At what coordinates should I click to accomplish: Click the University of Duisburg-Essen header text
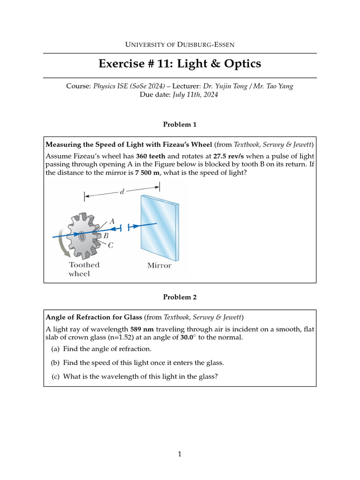180,45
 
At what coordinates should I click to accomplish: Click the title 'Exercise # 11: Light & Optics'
180,64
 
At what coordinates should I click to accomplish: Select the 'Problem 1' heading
180,124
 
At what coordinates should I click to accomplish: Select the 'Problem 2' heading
180,297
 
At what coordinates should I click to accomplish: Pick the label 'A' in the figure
112,221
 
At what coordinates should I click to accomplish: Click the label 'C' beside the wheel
111,245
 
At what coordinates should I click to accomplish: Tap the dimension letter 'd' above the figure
122,192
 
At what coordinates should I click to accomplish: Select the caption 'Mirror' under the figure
159,265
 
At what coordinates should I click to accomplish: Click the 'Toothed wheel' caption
84,269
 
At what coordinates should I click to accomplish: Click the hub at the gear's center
82,236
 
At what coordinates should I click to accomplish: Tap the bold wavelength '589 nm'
142,329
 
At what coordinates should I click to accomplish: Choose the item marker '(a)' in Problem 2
55,349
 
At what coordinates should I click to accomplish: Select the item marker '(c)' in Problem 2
55,376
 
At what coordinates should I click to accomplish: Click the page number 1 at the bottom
180,454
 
